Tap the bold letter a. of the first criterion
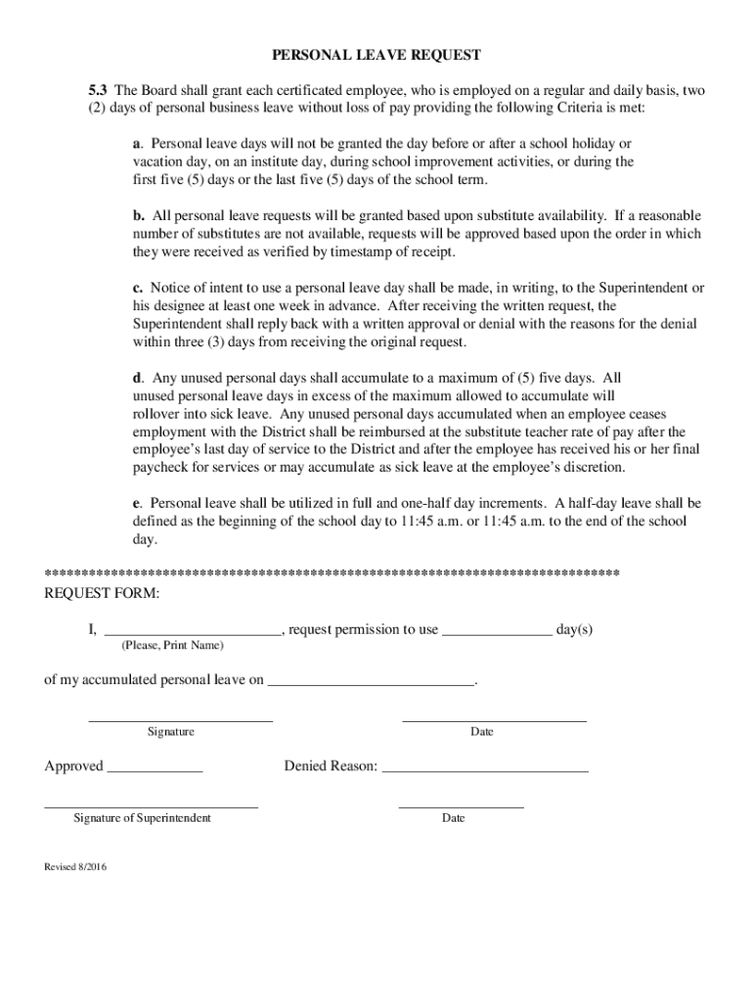tap(138, 144)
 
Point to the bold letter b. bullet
tap(139, 215)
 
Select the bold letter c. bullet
tap(139, 288)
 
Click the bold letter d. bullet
tap(139, 378)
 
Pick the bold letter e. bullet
tap(138, 503)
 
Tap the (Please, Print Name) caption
tap(172, 647)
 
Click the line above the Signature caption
tap(180, 721)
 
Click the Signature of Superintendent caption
tap(142, 817)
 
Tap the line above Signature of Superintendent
tap(151, 807)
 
